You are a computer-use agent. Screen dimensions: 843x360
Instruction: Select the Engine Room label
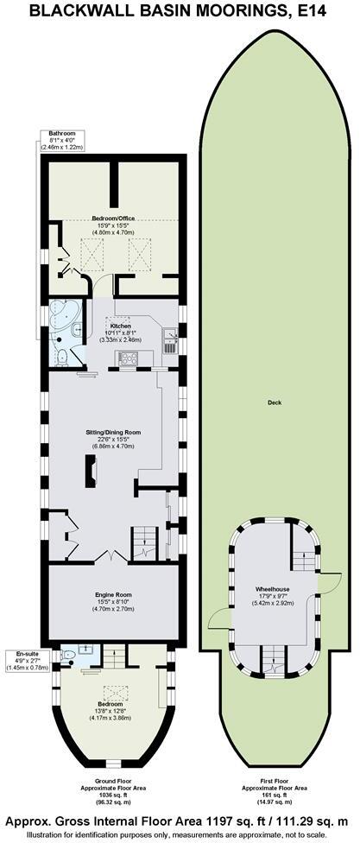(113, 596)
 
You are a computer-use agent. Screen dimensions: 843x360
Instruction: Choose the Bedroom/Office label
(113, 219)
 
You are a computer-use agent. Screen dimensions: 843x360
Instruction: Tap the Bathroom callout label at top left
(61, 133)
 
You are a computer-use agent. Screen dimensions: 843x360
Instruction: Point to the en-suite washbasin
(88, 650)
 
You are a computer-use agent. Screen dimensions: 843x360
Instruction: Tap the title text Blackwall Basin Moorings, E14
(180, 11)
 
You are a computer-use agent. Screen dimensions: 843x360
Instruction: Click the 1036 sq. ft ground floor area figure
(113, 796)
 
